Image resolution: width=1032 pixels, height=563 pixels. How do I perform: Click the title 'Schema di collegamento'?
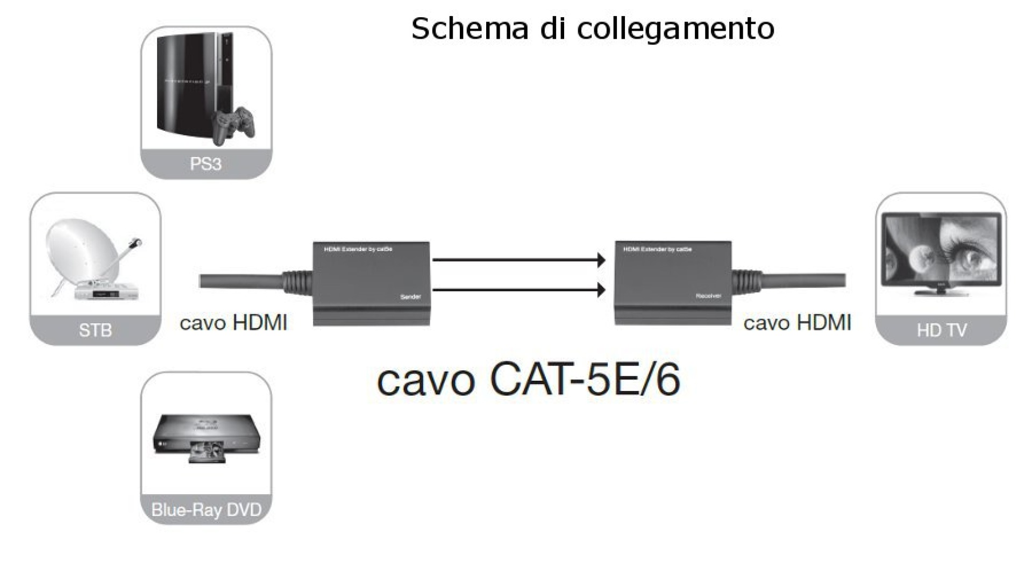tap(592, 28)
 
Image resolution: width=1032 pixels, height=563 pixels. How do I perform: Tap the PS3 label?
tap(205, 163)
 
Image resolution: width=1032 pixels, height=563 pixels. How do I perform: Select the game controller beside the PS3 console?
tap(234, 125)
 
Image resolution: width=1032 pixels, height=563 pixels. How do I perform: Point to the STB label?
tap(95, 330)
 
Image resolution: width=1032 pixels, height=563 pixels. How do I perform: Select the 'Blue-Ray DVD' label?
tap(206, 509)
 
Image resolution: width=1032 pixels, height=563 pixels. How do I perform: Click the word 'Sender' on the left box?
tap(410, 297)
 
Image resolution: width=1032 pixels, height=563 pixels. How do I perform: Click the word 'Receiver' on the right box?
tap(708, 296)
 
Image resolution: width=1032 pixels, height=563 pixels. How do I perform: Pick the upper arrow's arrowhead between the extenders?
tap(601, 260)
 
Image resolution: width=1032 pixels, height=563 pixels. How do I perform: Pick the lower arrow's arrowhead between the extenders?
tap(601, 290)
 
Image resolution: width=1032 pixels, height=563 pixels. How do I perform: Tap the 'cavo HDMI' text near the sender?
tap(233, 323)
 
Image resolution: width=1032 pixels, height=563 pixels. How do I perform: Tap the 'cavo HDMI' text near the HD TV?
tap(797, 323)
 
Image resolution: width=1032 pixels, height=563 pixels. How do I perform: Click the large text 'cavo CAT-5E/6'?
tap(528, 380)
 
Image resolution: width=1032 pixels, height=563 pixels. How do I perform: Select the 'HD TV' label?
tap(941, 330)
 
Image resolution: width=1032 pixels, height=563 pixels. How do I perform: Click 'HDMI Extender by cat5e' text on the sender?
tap(358, 250)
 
